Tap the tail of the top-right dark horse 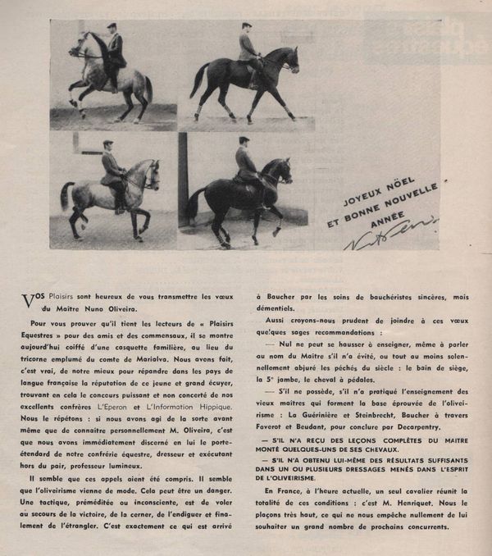pyautogui.click(x=198, y=80)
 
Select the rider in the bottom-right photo pyautogui.click(x=244, y=164)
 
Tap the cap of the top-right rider pyautogui.click(x=247, y=25)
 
